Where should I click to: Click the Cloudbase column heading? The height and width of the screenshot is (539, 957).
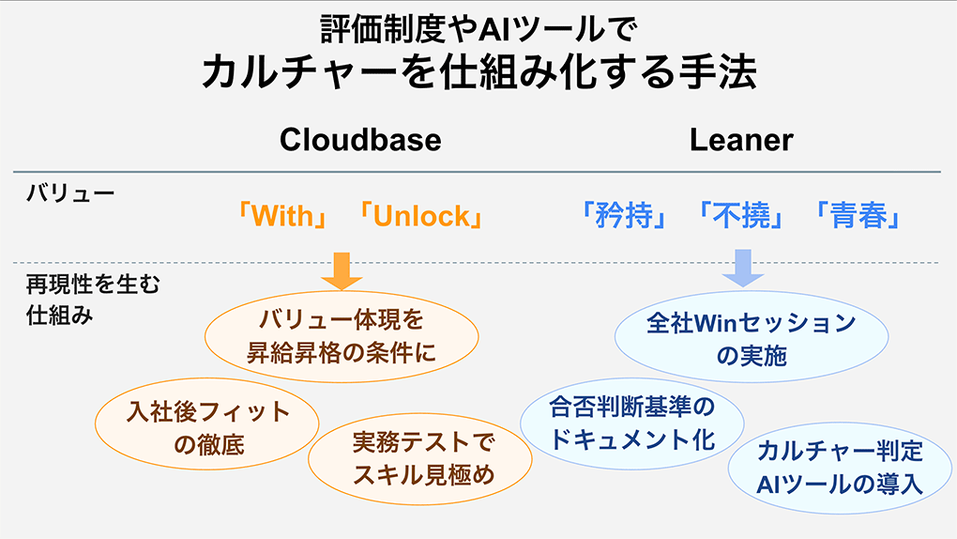pyautogui.click(x=360, y=140)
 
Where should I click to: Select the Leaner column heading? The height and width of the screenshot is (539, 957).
pyautogui.click(x=741, y=140)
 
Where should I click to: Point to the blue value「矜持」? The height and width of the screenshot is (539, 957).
pyautogui.click(x=623, y=217)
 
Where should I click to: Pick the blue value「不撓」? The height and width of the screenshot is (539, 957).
pyautogui.click(x=741, y=217)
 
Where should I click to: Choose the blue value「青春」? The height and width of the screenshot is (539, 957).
pyautogui.click(x=858, y=217)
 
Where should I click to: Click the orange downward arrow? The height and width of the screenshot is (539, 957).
pyautogui.click(x=341, y=269)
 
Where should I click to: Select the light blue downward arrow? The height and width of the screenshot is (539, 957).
pyautogui.click(x=742, y=267)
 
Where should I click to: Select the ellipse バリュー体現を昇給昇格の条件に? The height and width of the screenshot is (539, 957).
pyautogui.click(x=342, y=336)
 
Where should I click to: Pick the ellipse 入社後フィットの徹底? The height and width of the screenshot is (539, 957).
pyautogui.click(x=208, y=427)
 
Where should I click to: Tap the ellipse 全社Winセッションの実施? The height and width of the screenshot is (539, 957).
pyautogui.click(x=751, y=339)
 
